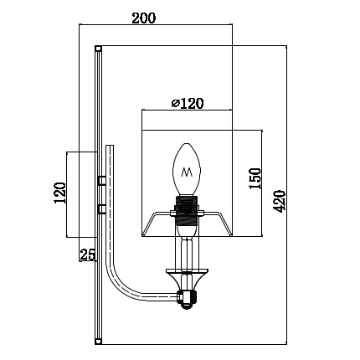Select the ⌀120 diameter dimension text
(x=188, y=104)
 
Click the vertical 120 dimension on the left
(x=59, y=193)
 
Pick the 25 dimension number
(x=86, y=255)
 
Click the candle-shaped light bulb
(x=188, y=171)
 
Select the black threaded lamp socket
(x=188, y=208)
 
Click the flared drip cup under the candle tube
(x=188, y=273)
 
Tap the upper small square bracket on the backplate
(x=100, y=180)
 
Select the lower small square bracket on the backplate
(x=100, y=206)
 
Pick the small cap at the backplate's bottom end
(x=99, y=342)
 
